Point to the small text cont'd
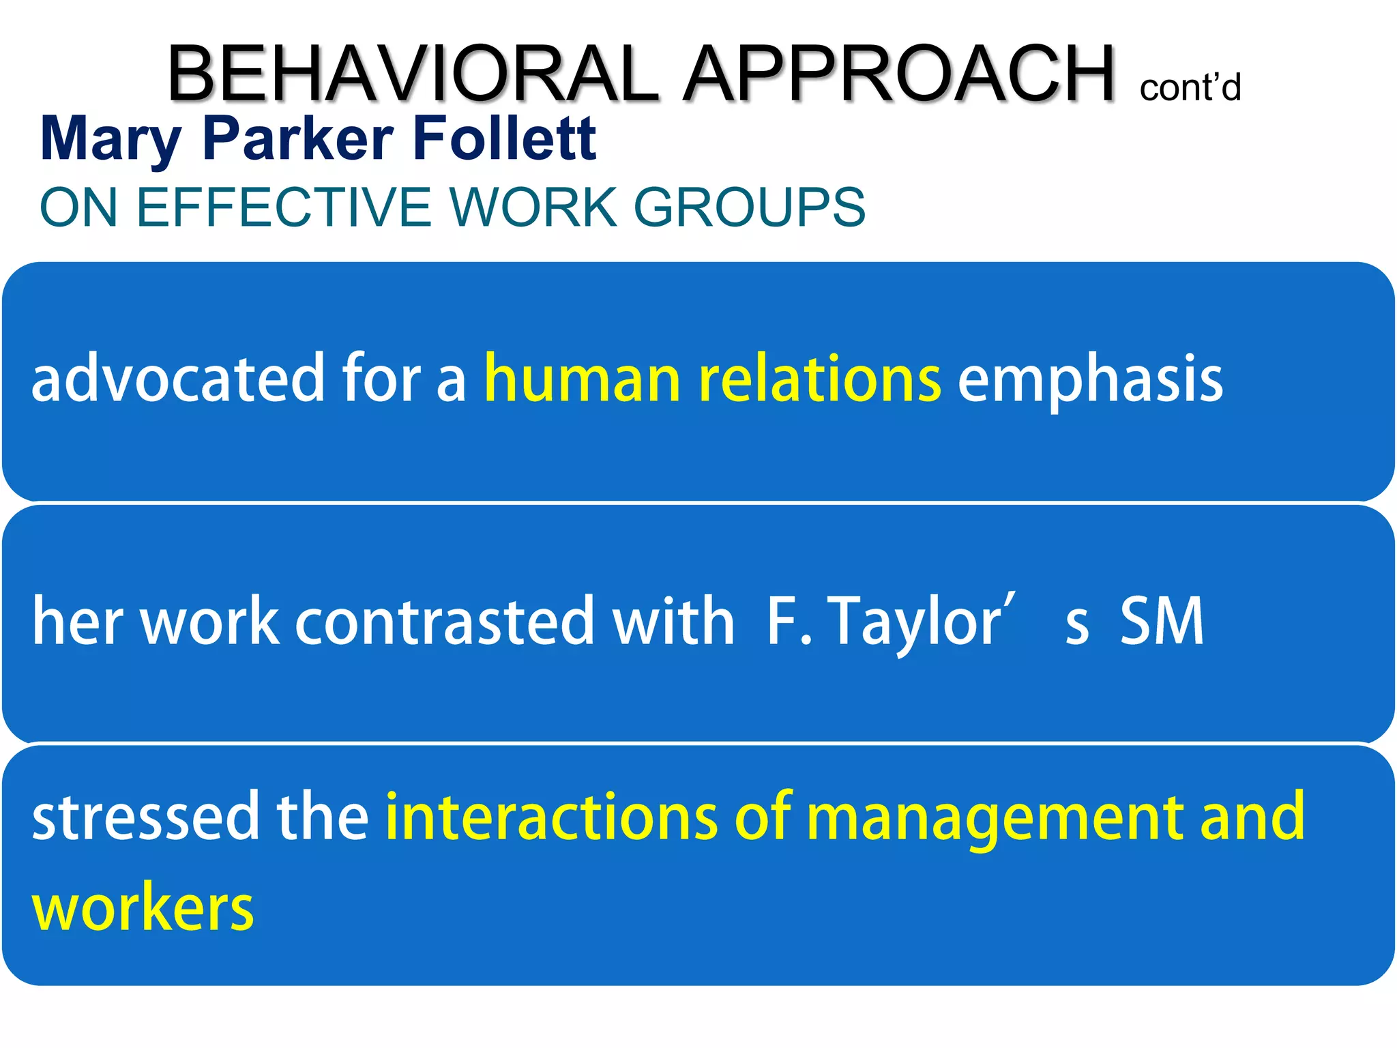tap(1190, 88)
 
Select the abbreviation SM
tap(1162, 621)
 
